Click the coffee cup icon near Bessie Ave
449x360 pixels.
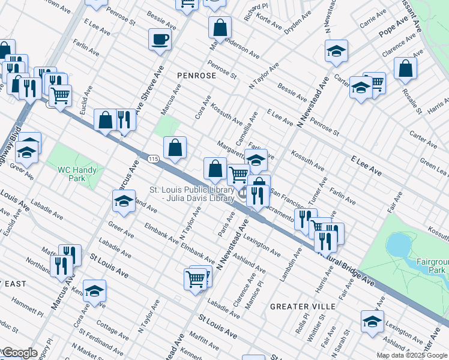(x=160, y=40)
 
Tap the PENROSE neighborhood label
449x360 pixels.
(x=195, y=76)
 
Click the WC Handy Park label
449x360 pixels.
(x=77, y=174)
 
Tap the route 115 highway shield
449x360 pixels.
(x=154, y=158)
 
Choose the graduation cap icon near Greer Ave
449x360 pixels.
(x=124, y=201)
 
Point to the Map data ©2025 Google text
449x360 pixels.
(x=412, y=355)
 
